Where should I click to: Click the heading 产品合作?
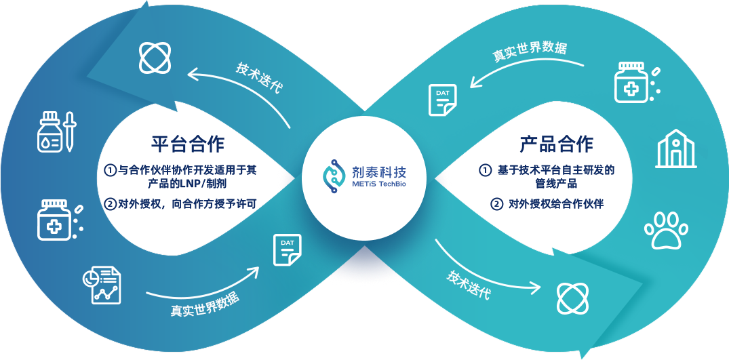[556, 144]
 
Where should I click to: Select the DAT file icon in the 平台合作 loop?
[287, 249]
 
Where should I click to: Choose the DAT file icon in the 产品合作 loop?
[442, 100]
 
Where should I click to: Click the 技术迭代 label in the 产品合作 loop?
[469, 284]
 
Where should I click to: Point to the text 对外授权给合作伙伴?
[555, 203]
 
